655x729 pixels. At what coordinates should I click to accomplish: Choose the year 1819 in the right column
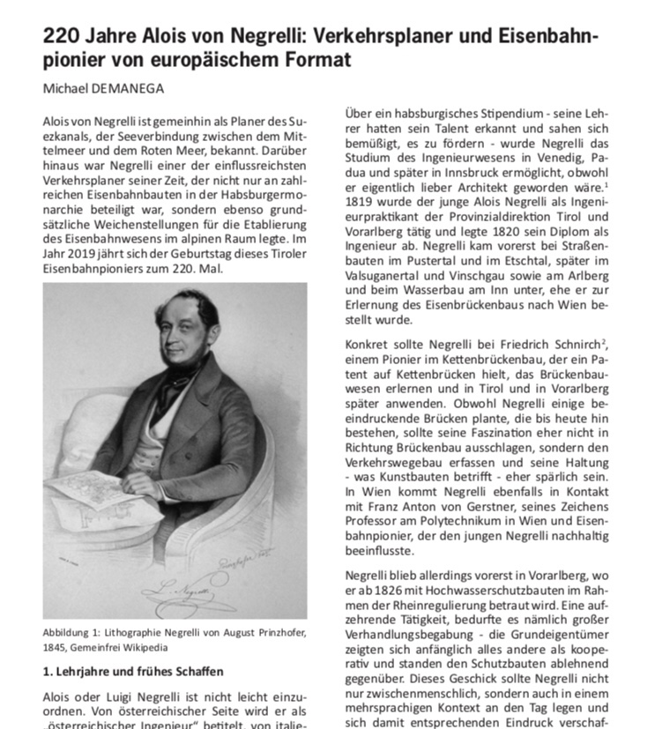[x=358, y=204]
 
